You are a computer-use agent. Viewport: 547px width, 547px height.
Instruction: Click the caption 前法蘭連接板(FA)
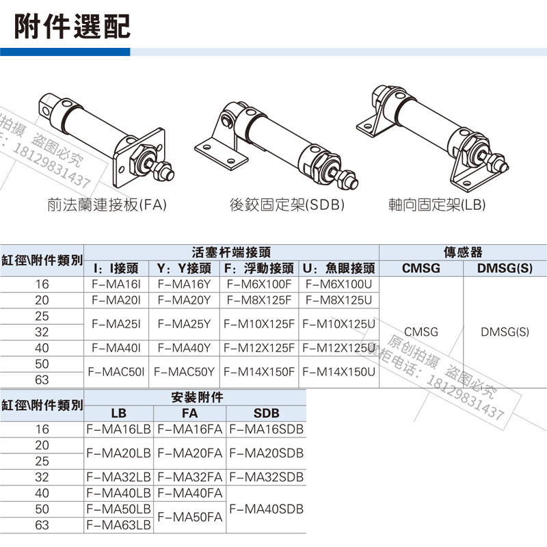(107, 204)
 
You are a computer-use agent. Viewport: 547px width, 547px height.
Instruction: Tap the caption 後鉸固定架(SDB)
(286, 204)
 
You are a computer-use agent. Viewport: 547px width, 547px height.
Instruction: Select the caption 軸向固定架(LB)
(436, 204)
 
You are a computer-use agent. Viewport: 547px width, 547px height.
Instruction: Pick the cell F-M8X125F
(258, 300)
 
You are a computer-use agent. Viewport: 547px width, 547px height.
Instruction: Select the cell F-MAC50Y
(184, 373)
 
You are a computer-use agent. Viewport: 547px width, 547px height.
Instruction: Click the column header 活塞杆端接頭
(231, 252)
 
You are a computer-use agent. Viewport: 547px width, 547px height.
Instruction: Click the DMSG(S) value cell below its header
(505, 332)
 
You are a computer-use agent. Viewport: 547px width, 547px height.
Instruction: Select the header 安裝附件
(195, 397)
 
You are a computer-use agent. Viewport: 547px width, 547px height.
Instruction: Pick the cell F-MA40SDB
(265, 509)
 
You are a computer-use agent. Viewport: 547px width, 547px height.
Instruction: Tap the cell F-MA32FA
(189, 477)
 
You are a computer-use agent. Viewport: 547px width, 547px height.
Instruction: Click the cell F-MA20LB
(118, 453)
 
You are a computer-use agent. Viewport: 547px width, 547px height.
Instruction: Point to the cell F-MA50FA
(189, 518)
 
